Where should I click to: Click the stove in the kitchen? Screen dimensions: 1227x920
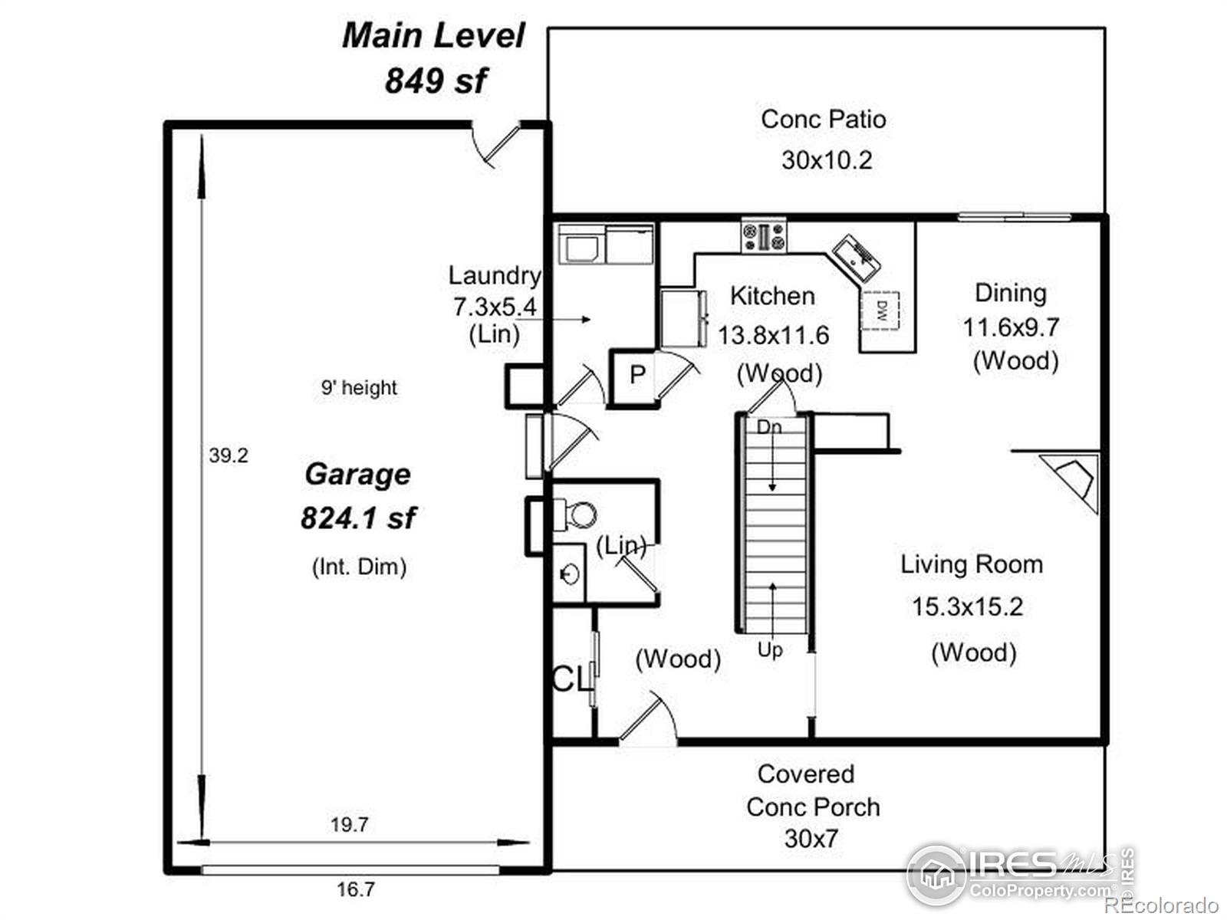tap(763, 235)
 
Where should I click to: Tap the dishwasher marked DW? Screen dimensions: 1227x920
tap(880, 310)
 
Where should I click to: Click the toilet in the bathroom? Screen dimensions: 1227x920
tap(574, 514)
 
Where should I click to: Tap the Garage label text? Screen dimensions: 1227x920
tap(358, 475)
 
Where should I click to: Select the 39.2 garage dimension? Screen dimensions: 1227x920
tap(228, 456)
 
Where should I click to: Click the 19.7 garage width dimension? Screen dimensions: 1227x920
tap(350, 824)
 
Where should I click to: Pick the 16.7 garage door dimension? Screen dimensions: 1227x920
tap(356, 888)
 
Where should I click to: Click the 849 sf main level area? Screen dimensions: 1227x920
tap(436, 80)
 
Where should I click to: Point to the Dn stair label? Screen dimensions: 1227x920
tap(769, 427)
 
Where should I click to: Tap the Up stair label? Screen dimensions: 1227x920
tap(770, 650)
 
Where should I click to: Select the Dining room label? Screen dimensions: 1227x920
tap(1011, 294)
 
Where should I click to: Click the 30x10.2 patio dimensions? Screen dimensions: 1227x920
tap(827, 160)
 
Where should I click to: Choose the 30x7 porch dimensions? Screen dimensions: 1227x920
tap(811, 839)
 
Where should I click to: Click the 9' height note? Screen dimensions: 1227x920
tap(359, 387)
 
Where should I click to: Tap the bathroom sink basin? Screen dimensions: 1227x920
tap(570, 573)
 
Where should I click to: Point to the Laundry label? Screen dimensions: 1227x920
tap(495, 276)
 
